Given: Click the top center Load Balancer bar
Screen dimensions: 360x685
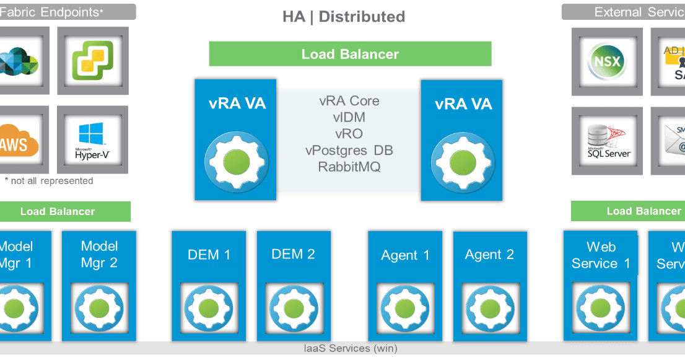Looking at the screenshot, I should click(350, 54).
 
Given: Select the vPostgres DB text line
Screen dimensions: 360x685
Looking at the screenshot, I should click(349, 151).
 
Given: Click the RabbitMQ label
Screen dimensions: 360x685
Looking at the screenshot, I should click(349, 167).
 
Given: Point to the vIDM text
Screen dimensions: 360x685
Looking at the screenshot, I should click(349, 117).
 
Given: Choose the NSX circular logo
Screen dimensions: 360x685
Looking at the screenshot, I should click(606, 62).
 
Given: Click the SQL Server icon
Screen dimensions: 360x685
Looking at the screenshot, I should click(606, 139).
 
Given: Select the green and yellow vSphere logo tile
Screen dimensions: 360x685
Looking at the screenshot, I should click(93, 61).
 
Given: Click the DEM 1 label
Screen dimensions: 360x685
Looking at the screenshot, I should click(209, 254).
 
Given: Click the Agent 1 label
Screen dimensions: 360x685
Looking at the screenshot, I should click(405, 255).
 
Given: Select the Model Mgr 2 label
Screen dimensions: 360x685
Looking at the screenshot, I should click(99, 254).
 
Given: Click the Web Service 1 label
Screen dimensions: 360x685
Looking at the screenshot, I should click(601, 255).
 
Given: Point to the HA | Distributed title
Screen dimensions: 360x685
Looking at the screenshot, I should click(343, 17).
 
